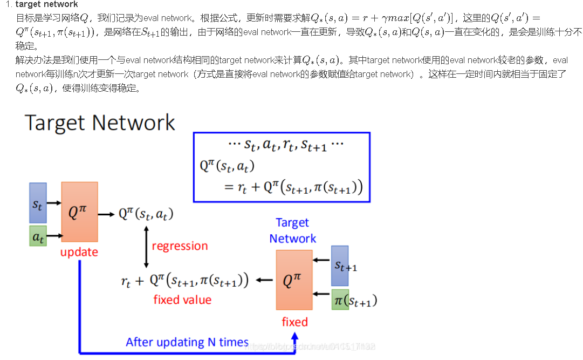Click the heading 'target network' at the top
pyautogui.click(x=46, y=4)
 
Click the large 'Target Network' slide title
pyautogui.click(x=100, y=123)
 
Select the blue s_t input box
pyautogui.click(x=38, y=203)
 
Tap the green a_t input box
pyautogui.click(x=38, y=236)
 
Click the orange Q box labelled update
pyautogui.click(x=79, y=212)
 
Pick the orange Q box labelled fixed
pyautogui.click(x=294, y=280)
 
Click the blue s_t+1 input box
pyautogui.click(x=340, y=266)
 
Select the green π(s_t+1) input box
pyautogui.click(x=340, y=300)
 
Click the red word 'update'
pyautogui.click(x=79, y=252)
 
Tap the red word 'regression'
pyautogui.click(x=180, y=246)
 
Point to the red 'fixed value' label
pyautogui.click(x=182, y=300)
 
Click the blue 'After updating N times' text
pyautogui.click(x=187, y=342)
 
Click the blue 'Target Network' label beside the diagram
pyautogui.click(x=292, y=230)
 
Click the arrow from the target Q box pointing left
pyautogui.click(x=264, y=280)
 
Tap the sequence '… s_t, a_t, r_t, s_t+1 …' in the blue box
pyautogui.click(x=286, y=145)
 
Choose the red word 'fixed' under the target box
pyautogui.click(x=294, y=322)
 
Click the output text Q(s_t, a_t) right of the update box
pyautogui.click(x=146, y=214)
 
